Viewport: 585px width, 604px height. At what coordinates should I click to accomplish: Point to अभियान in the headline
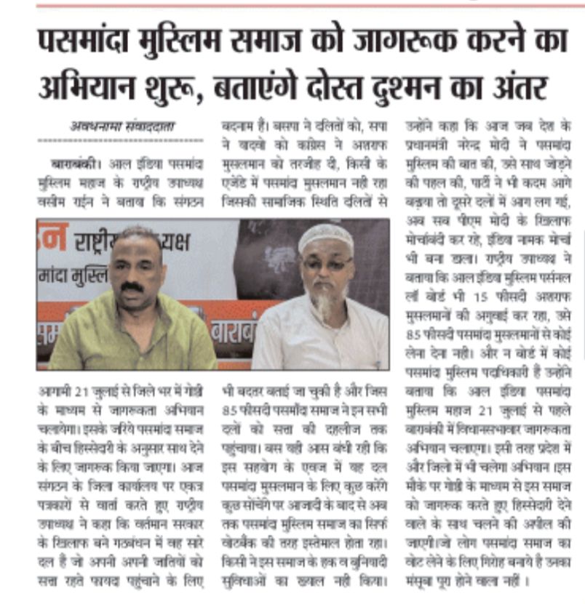coord(80,89)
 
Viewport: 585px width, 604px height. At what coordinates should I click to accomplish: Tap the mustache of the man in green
coord(132,287)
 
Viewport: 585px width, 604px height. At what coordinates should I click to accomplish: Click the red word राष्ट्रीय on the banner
coord(101,242)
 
